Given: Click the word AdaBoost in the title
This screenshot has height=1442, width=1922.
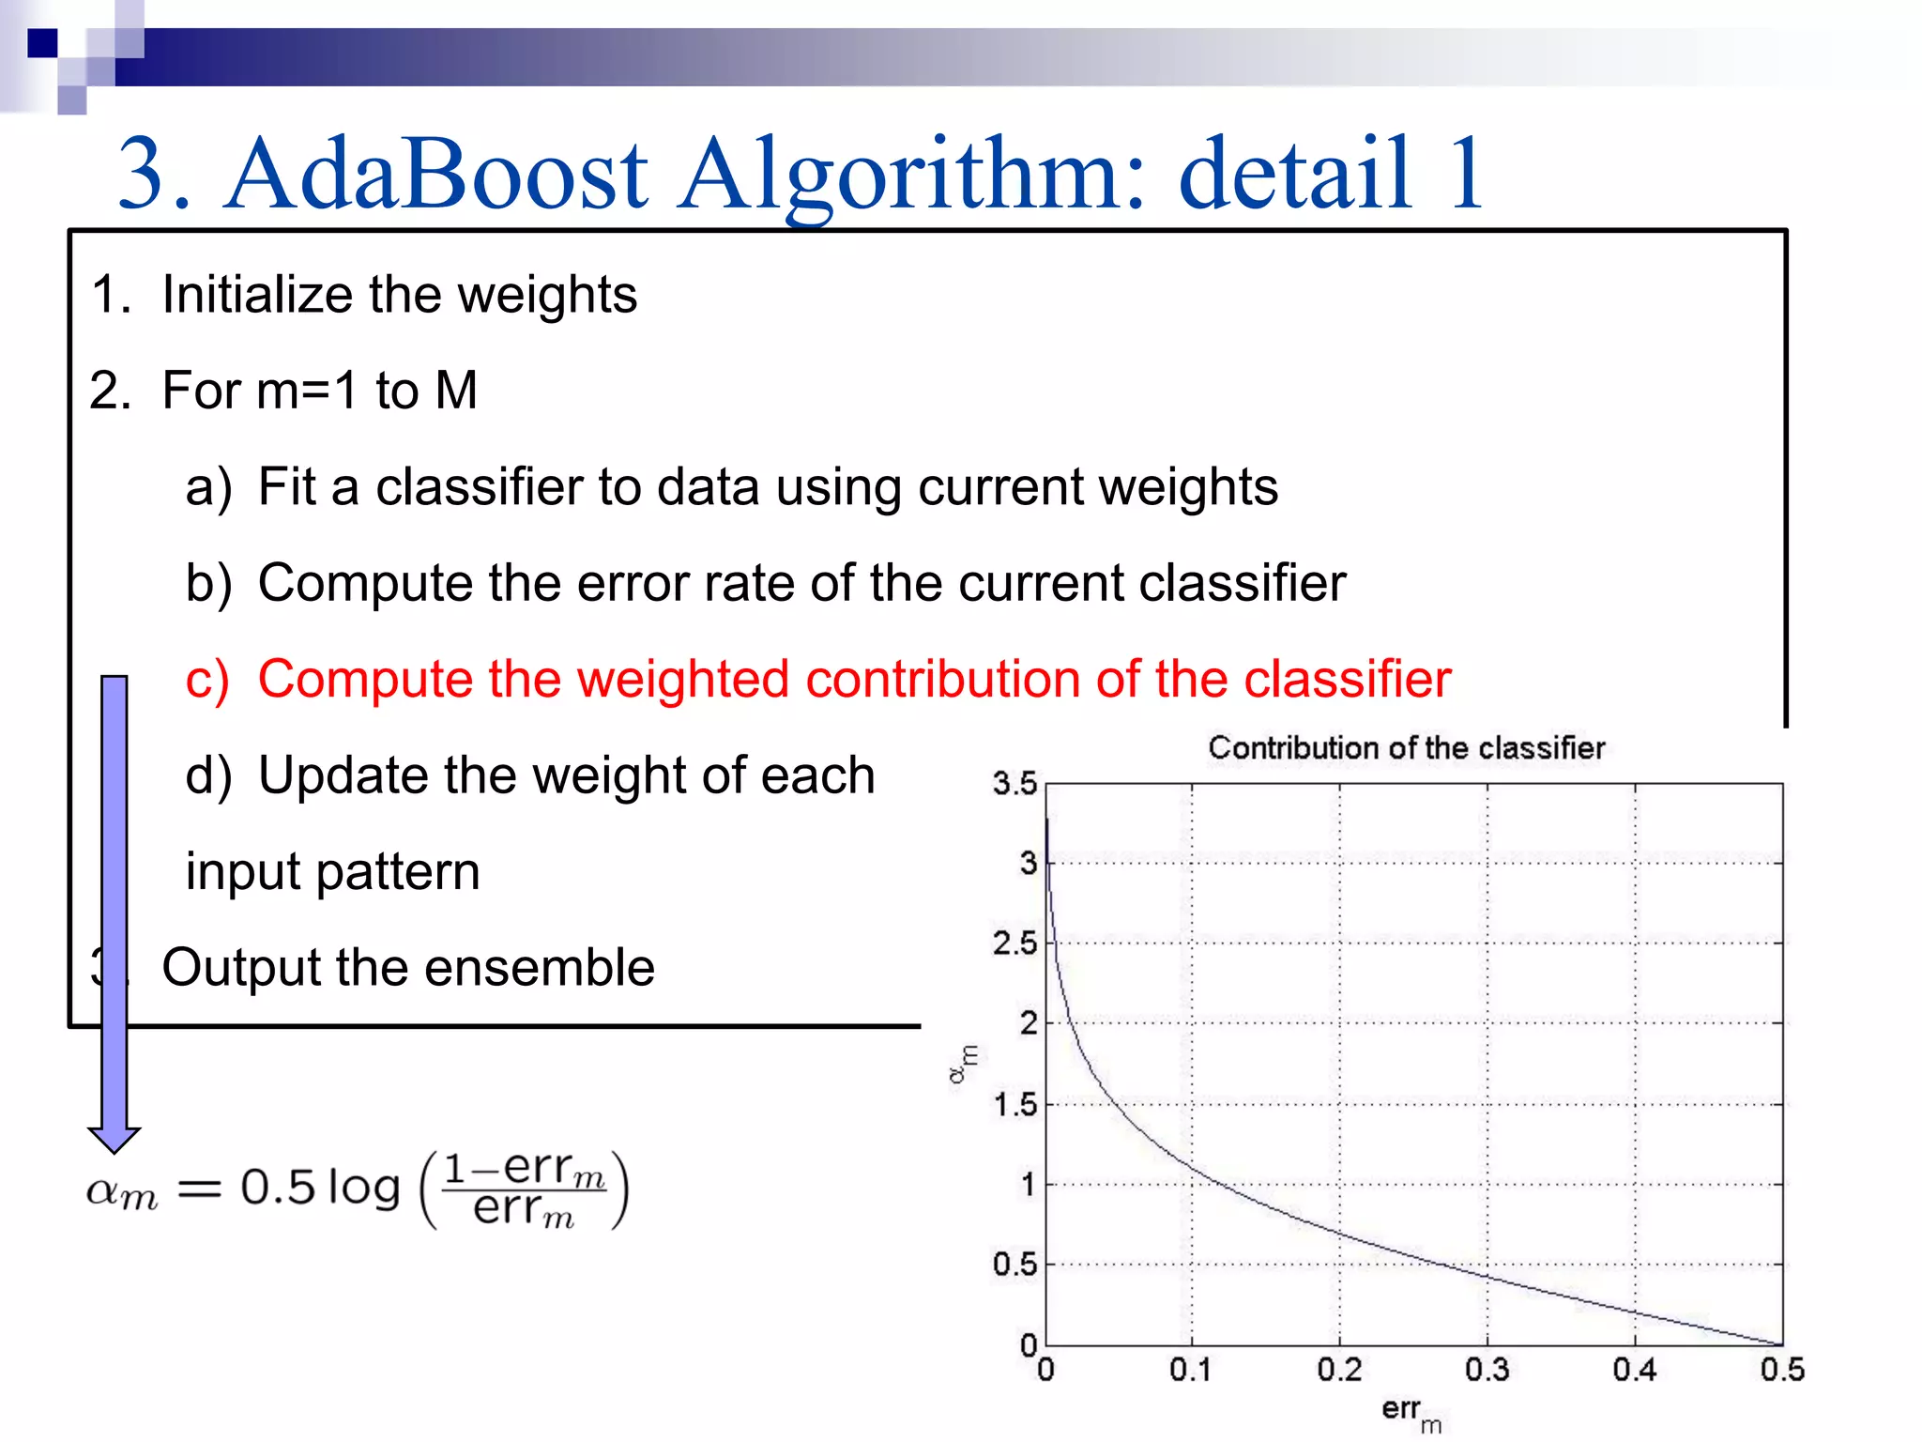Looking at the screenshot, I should tap(436, 174).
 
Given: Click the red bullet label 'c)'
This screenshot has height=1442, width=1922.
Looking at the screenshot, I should tap(207, 679).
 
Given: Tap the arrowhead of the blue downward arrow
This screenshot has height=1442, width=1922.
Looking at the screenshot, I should tap(114, 1138).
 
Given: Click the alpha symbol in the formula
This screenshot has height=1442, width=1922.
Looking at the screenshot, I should tap(102, 1190).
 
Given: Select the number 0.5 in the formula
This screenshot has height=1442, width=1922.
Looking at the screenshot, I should tap(278, 1187).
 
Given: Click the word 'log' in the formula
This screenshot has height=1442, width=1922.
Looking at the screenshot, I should tap(364, 1189).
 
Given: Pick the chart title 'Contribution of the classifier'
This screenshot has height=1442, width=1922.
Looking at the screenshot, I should tap(1406, 748).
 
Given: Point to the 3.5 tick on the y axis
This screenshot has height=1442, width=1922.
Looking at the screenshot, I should tap(1015, 783).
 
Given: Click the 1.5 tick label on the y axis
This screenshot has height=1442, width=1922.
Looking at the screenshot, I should tap(1015, 1105).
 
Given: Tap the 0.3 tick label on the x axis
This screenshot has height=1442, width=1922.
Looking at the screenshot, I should tap(1487, 1370).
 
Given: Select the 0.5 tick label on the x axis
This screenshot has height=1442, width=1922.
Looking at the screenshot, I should tap(1781, 1370).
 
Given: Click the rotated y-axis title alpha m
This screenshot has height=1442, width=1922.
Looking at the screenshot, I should tap(963, 1064).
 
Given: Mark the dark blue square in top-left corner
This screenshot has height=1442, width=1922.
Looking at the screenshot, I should tap(42, 43).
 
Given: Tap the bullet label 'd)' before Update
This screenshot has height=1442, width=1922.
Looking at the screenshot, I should tap(208, 775).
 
